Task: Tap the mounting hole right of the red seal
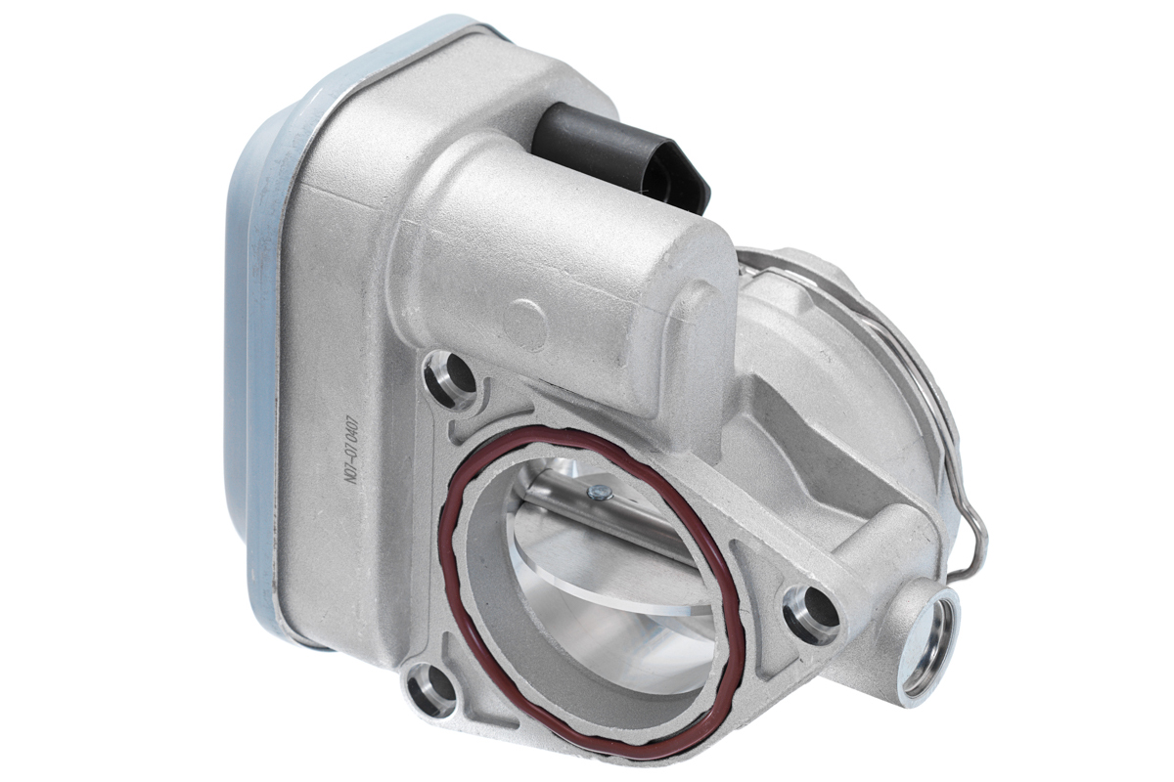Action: (810, 610)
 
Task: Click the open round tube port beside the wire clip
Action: (927, 639)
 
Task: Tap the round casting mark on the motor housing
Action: (529, 319)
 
